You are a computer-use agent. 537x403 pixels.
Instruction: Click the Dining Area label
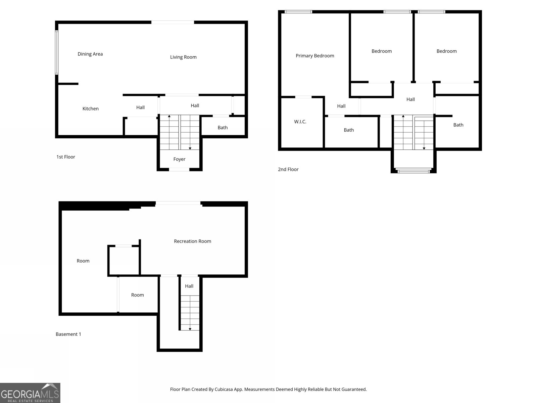[90, 54]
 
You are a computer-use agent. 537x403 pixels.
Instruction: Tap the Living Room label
[183, 57]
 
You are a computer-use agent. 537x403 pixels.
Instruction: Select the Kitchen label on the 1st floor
[91, 109]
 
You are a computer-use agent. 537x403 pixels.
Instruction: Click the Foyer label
[179, 159]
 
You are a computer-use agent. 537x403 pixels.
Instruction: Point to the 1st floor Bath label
[223, 128]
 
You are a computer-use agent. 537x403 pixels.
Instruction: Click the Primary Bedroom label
[315, 56]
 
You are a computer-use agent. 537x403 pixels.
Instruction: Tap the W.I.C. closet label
[300, 122]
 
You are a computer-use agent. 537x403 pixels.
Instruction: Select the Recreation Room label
[192, 241]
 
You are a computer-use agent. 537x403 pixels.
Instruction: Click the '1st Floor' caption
[66, 157]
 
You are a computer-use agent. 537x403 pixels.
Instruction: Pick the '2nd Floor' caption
[288, 169]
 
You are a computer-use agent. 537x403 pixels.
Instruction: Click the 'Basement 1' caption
[68, 334]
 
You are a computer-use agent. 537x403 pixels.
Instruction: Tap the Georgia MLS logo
[30, 393]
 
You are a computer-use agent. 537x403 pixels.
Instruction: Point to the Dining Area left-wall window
[57, 52]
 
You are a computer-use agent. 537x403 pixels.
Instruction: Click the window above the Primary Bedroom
[298, 12]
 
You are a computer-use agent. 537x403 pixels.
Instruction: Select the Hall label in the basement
[189, 286]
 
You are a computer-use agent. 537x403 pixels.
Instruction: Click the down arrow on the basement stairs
[190, 329]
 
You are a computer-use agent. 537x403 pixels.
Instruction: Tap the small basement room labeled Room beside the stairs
[137, 295]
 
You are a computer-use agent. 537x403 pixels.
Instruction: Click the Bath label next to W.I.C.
[349, 130]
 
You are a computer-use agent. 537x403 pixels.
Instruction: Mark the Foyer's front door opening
[179, 170]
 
